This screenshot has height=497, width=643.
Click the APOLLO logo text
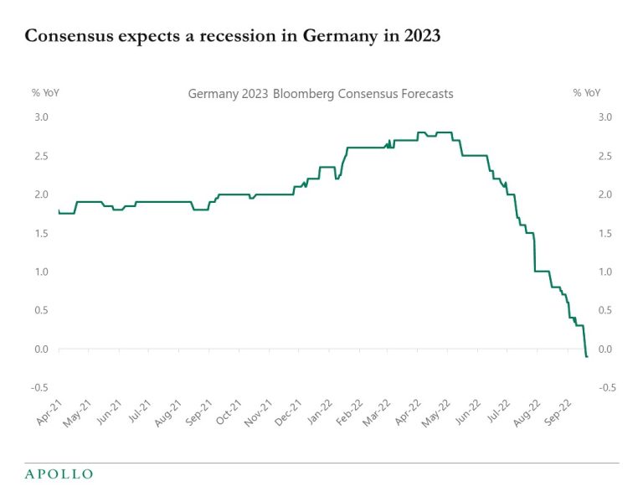tap(59, 474)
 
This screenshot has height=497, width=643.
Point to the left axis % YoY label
tap(45, 93)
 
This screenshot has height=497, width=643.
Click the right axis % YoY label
tap(588, 93)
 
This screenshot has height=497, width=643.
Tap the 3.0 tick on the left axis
tap(40, 116)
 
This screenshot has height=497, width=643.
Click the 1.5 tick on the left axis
tap(40, 233)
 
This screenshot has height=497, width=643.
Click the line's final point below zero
tap(587, 357)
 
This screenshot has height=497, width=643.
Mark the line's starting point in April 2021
tap(59, 210)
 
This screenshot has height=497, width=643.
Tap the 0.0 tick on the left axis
tap(40, 349)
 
